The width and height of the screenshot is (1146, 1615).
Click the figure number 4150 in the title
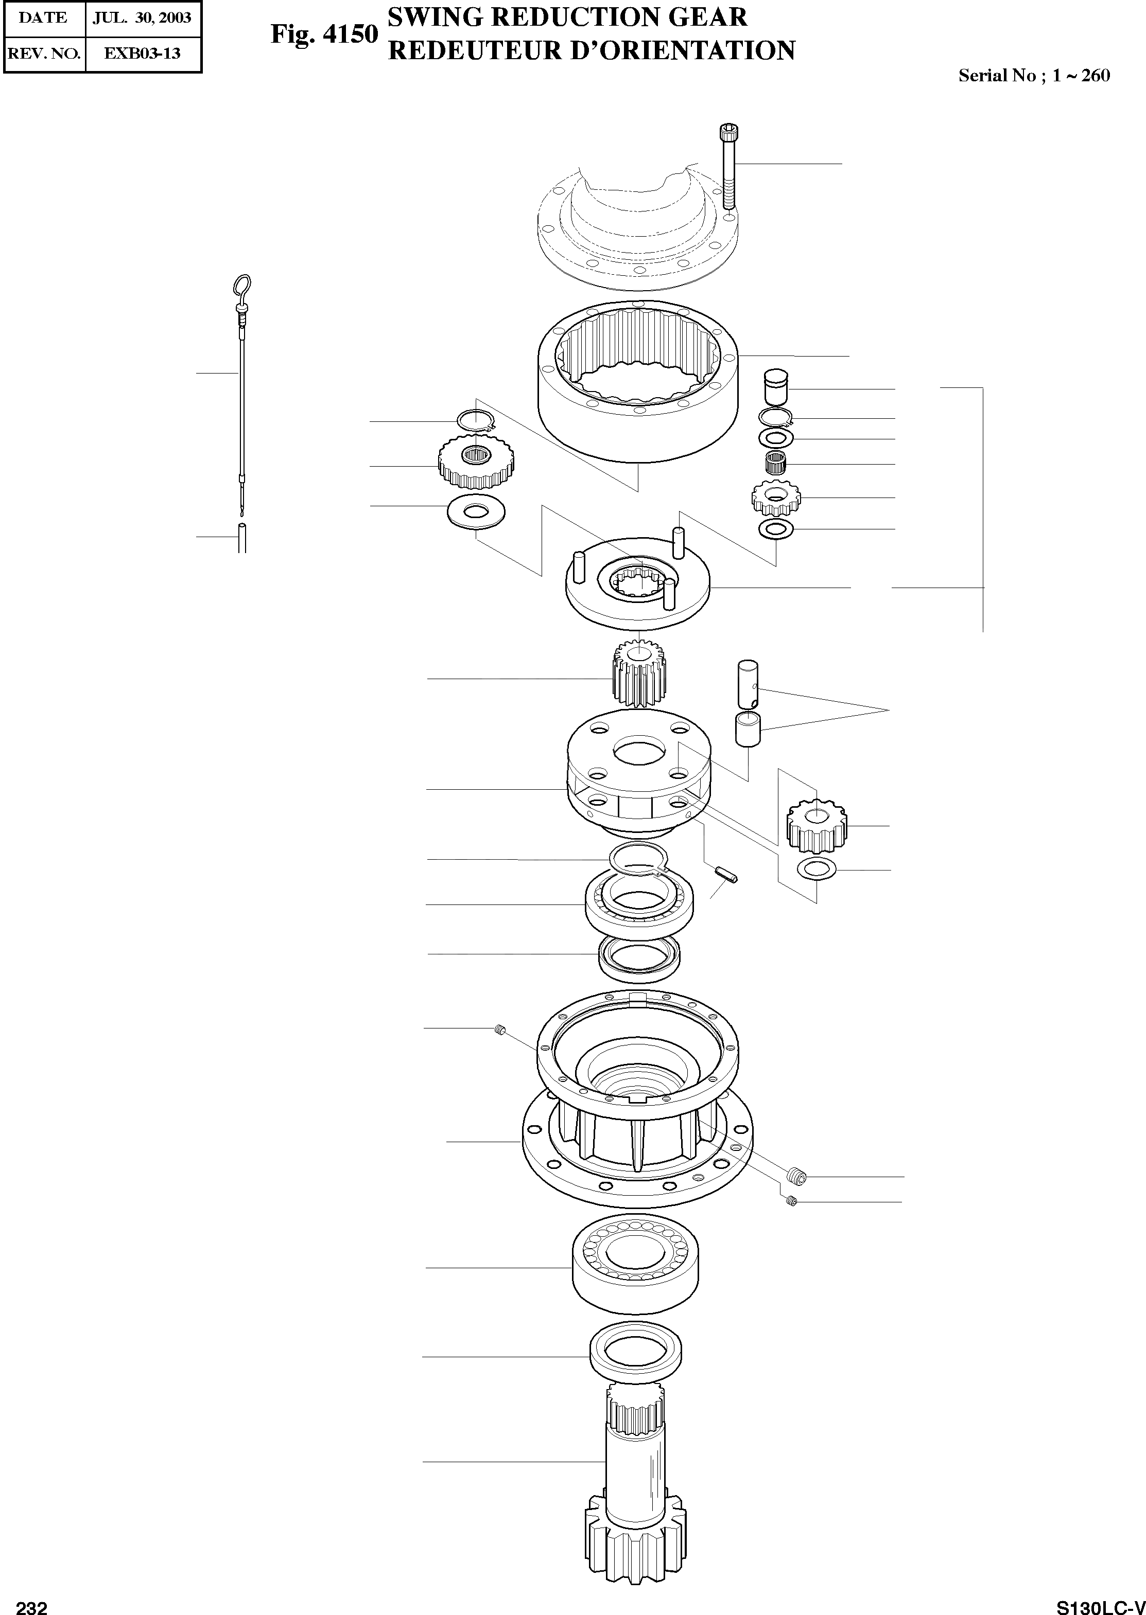[x=325, y=34]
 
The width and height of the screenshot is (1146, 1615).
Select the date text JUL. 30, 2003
[x=143, y=17]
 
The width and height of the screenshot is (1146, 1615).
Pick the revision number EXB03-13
[x=143, y=53]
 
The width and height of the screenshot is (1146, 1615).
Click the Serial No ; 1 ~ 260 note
[x=1034, y=76]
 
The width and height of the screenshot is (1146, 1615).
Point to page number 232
[x=32, y=1602]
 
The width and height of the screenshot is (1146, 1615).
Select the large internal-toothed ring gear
[x=638, y=384]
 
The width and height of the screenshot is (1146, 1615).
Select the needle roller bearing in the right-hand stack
[x=776, y=464]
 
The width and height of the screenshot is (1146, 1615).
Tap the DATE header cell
[x=43, y=17]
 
